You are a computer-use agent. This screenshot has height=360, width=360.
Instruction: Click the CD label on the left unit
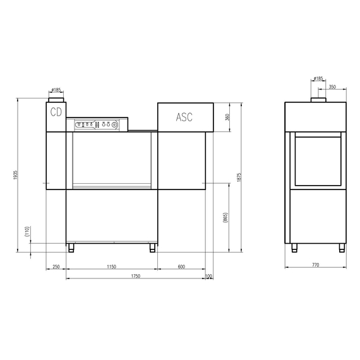click(56, 112)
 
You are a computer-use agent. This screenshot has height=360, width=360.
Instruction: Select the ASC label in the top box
click(184, 117)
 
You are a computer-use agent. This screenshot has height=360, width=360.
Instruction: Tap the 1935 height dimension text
click(15, 175)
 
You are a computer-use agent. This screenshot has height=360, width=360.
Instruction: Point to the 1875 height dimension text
click(239, 177)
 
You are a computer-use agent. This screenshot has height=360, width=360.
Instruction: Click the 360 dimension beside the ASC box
click(228, 117)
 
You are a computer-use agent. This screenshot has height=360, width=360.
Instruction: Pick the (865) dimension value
click(225, 218)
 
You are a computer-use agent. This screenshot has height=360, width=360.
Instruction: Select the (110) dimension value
click(27, 232)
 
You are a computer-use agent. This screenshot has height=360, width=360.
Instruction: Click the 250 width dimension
click(56, 267)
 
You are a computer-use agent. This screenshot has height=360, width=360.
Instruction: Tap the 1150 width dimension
click(112, 267)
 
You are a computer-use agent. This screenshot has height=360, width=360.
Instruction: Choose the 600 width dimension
click(181, 267)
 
